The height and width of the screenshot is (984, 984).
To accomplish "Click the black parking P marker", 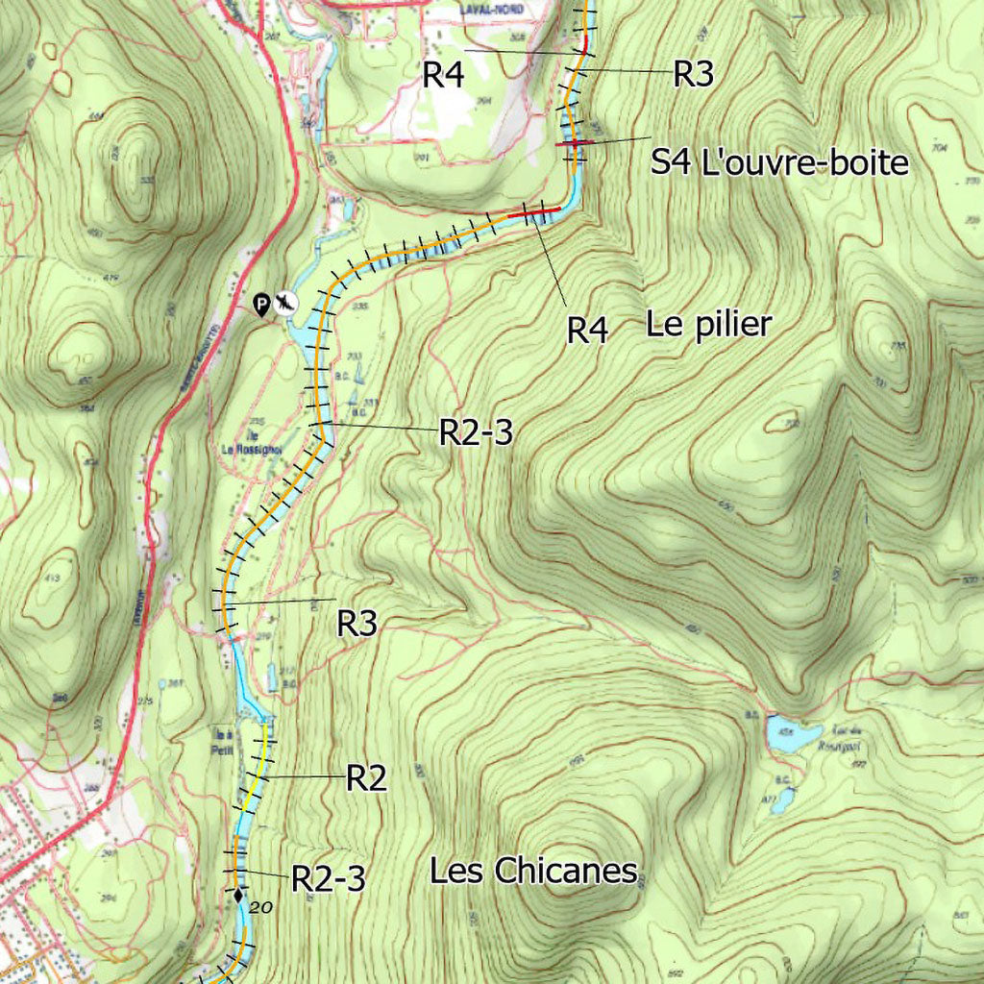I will tap(261, 305).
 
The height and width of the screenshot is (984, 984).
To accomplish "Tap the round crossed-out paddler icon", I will tap(285, 304).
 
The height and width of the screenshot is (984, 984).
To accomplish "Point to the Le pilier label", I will tap(708, 325).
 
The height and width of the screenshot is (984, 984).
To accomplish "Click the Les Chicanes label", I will tap(533, 872).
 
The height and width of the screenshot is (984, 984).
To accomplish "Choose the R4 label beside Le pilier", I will tap(587, 331).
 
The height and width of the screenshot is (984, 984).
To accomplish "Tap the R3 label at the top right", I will tap(693, 75).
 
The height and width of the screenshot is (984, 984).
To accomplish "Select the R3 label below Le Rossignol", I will tap(357, 624).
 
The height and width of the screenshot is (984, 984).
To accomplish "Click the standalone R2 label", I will tap(366, 778).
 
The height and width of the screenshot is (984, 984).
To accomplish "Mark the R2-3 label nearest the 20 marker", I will tap(328, 878).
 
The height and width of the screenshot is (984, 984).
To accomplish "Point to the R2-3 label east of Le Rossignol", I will tap(476, 433).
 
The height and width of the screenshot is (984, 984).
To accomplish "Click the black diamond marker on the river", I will tap(237, 896).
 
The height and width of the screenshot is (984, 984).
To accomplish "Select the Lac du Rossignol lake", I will tap(794, 734).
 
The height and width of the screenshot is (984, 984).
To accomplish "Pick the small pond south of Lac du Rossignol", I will tap(784, 799).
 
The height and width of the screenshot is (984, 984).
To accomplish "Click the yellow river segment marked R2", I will tap(255, 778).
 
